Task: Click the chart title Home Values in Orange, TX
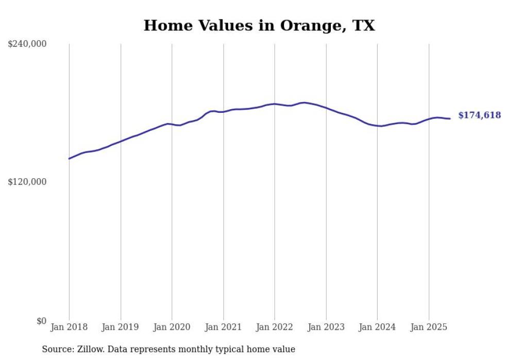pyautogui.click(x=259, y=25)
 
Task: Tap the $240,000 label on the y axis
pyautogui.click(x=27, y=44)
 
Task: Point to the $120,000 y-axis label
pyautogui.click(x=27, y=182)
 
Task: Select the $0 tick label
pyautogui.click(x=41, y=321)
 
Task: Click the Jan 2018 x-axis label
pyautogui.click(x=69, y=327)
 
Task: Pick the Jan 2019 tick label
pyautogui.click(x=121, y=327)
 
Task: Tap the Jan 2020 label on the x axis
pyautogui.click(x=172, y=327)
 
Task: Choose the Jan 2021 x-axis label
pyautogui.click(x=223, y=327)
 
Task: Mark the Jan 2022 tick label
pyautogui.click(x=275, y=327)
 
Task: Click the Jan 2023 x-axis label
pyautogui.click(x=326, y=327)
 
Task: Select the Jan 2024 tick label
pyautogui.click(x=377, y=327)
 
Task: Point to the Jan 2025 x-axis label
pyautogui.click(x=429, y=327)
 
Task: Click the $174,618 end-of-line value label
pyautogui.click(x=479, y=115)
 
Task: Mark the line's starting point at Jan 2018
pyautogui.click(x=69, y=159)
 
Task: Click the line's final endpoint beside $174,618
pyautogui.click(x=450, y=118)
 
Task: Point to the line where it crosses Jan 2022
pyautogui.click(x=275, y=104)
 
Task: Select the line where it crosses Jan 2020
pyautogui.click(x=172, y=124)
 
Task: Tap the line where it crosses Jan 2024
pyautogui.click(x=377, y=126)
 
